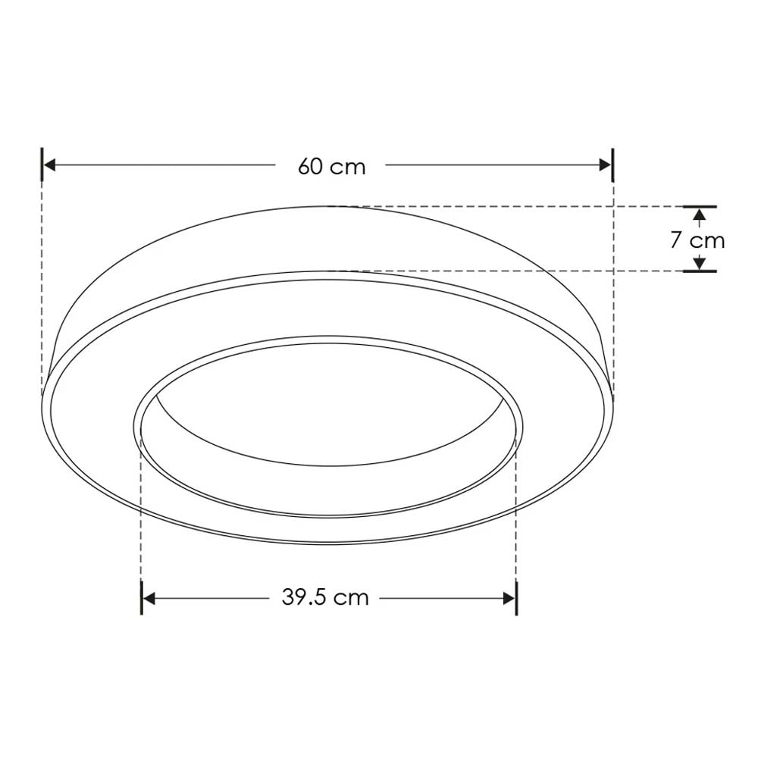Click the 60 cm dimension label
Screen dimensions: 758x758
pyautogui.click(x=331, y=166)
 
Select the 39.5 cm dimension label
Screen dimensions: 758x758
pyautogui.click(x=325, y=597)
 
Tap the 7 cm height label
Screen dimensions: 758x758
pyautogui.click(x=697, y=240)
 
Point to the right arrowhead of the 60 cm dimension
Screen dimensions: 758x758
pyautogui.click(x=604, y=165)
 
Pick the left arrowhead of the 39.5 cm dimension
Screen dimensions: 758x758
pyautogui.click(x=149, y=598)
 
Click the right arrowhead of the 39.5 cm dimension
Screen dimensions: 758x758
pyautogui.click(x=509, y=598)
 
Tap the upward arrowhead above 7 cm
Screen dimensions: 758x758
pyautogui.click(x=700, y=215)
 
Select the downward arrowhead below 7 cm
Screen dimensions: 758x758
pyautogui.click(x=700, y=264)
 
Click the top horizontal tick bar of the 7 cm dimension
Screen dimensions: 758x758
pyautogui.click(x=700, y=206)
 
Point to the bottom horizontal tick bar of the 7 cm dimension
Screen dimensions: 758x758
pyautogui.click(x=700, y=271)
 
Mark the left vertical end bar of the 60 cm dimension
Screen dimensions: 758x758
pyautogui.click(x=42, y=165)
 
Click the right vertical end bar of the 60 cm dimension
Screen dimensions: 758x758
pyautogui.click(x=612, y=165)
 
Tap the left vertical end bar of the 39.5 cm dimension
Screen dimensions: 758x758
pyautogui.click(x=142, y=598)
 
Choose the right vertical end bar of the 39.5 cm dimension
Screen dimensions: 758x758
pyautogui.click(x=517, y=598)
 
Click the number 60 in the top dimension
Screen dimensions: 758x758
pyautogui.click(x=311, y=166)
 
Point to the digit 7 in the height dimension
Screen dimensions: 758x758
pyautogui.click(x=676, y=240)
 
